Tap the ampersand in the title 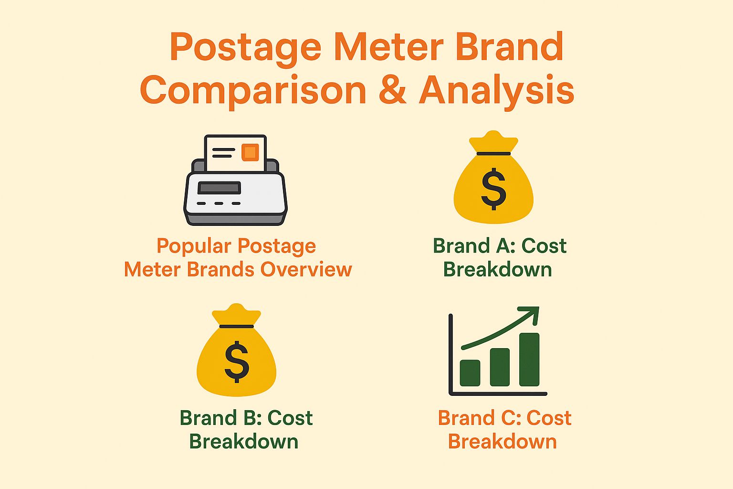(x=392, y=91)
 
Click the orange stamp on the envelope (x=250, y=152)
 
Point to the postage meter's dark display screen (x=219, y=188)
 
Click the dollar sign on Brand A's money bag (x=493, y=189)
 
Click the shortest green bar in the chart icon (x=470, y=373)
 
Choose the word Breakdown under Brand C (x=503, y=442)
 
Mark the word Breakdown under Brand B (x=244, y=442)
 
